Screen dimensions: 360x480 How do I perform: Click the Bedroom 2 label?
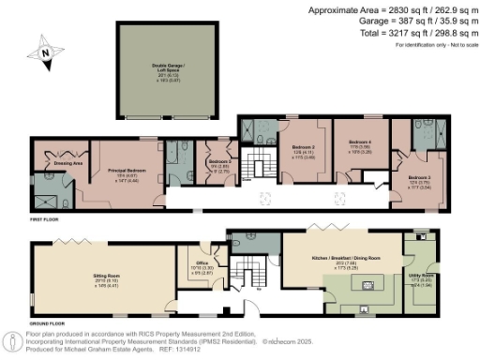(301, 148)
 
